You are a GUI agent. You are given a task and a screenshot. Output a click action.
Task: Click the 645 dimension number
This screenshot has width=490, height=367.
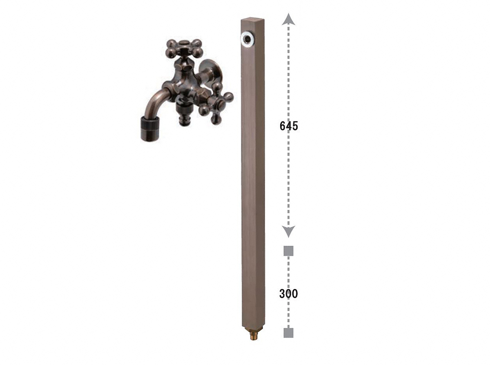pos(289,126)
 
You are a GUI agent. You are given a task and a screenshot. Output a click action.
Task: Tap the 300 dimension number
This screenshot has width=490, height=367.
pos(288,294)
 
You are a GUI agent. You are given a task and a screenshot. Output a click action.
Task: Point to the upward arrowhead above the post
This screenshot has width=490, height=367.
pos(288,19)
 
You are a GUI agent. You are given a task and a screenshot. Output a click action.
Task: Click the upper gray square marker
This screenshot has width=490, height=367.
pos(288,251)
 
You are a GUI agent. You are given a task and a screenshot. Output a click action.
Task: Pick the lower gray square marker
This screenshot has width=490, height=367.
pos(288,339)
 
